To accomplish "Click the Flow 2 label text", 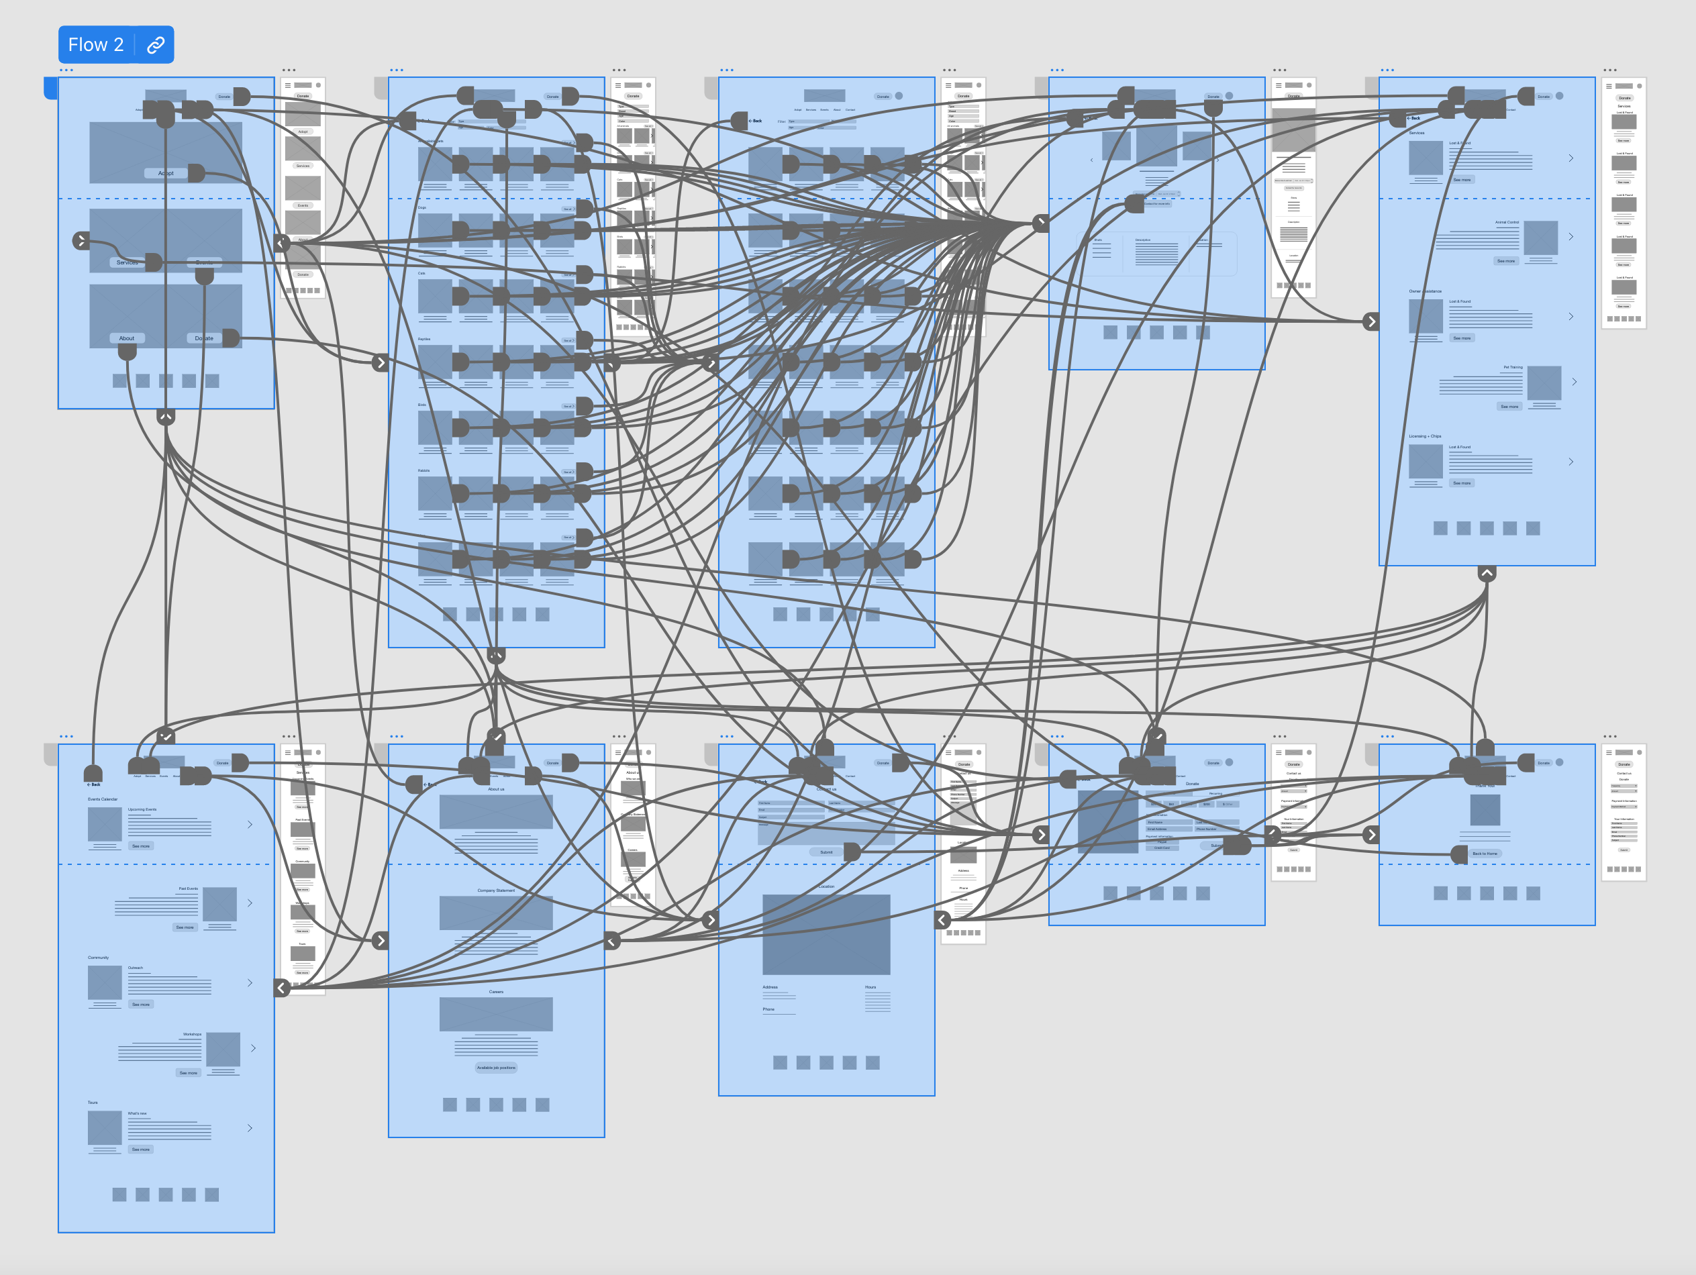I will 95,44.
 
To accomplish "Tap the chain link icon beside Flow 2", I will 156,44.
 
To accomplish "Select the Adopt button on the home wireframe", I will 166,173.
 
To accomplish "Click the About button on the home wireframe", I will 126,338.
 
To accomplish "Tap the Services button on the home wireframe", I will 128,262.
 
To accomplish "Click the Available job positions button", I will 496,1067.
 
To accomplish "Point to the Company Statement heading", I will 496,890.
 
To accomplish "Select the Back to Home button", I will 1485,854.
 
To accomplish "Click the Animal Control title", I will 1507,222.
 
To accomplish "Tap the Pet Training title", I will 1513,367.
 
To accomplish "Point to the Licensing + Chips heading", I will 1425,436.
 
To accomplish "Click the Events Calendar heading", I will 103,799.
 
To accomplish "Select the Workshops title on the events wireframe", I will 192,1034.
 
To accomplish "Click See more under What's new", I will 140,1150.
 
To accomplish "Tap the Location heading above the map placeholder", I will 826,886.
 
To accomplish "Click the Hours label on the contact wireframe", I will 870,986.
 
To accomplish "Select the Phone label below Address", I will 768,1009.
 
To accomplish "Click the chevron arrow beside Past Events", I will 250,903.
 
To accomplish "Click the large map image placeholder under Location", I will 826,935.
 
